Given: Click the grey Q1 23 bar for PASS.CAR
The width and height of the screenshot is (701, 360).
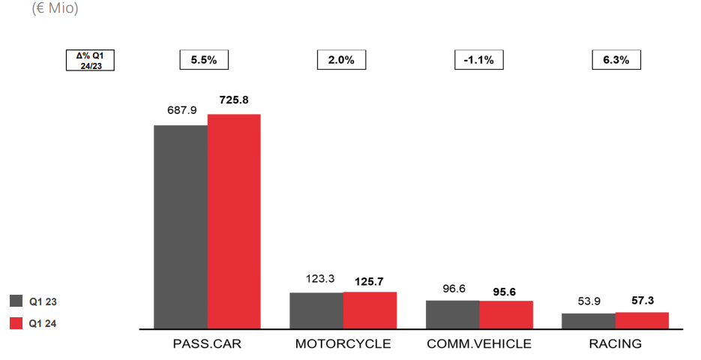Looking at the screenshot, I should pyautogui.click(x=181, y=226).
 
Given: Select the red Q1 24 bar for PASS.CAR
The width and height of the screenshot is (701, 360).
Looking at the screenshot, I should pyautogui.click(x=234, y=221).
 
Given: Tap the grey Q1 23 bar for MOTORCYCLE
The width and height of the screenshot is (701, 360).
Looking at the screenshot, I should pyautogui.click(x=316, y=310).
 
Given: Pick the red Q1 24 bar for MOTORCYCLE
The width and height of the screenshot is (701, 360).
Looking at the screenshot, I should pyautogui.click(x=370, y=310).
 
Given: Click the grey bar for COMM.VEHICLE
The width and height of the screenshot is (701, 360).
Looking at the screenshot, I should pyautogui.click(x=452, y=314).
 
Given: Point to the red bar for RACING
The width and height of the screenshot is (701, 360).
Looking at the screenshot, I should pyautogui.click(x=642, y=320).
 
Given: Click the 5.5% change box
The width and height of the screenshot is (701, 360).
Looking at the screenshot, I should pyautogui.click(x=204, y=60).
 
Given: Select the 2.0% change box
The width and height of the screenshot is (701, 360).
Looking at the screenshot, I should pyautogui.click(x=341, y=60).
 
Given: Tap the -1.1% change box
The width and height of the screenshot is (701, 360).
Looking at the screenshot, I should pyautogui.click(x=479, y=60).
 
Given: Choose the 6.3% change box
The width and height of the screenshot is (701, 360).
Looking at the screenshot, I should pyautogui.click(x=616, y=60).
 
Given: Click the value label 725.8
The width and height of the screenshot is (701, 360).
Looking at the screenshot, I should pyautogui.click(x=235, y=100).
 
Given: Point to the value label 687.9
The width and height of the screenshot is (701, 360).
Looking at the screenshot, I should pyautogui.click(x=181, y=110).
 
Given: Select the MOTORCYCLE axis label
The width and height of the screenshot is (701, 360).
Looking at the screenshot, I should pyautogui.click(x=343, y=344).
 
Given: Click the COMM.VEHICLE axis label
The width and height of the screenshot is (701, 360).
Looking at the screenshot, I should pyautogui.click(x=479, y=344).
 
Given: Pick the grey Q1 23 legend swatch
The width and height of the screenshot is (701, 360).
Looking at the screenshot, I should pyautogui.click(x=17, y=301).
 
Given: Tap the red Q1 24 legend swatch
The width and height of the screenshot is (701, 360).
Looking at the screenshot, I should pyautogui.click(x=17, y=323).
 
